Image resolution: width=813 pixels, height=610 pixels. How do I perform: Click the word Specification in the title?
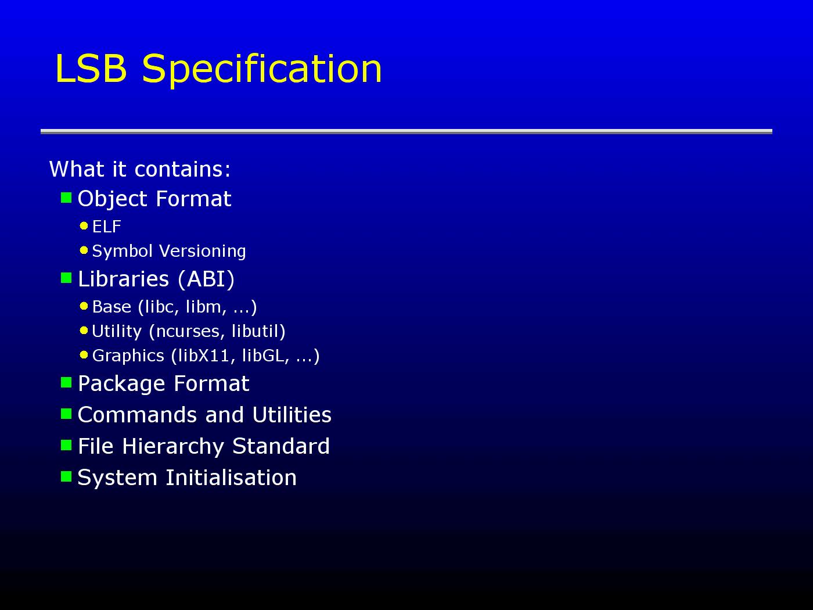pyautogui.click(x=262, y=69)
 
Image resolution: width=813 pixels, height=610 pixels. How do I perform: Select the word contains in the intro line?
pyautogui.click(x=182, y=169)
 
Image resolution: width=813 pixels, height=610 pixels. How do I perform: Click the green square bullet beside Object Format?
pyautogui.click(x=66, y=198)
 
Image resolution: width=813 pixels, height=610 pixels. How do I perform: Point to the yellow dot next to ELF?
pyautogui.click(x=84, y=225)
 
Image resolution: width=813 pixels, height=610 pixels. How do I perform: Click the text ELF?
pyautogui.click(x=107, y=227)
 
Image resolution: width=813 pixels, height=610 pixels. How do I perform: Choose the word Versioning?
pyautogui.click(x=203, y=251)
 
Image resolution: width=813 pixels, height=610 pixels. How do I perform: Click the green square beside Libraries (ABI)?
pyautogui.click(x=66, y=278)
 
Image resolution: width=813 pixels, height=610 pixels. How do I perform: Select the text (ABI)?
pyautogui.click(x=206, y=279)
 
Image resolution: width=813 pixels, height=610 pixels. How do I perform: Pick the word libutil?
pyautogui.click(x=256, y=331)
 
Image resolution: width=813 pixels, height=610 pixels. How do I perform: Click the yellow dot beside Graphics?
pyautogui.click(x=84, y=355)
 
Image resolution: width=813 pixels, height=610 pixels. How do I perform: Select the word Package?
pyautogui.click(x=121, y=384)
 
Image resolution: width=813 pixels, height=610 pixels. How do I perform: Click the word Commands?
pyautogui.click(x=137, y=415)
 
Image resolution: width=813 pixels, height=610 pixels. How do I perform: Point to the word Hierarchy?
pyautogui.click(x=173, y=447)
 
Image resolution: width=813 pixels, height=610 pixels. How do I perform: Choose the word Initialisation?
pyautogui.click(x=231, y=478)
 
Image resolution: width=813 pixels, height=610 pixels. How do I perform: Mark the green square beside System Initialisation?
pyautogui.click(x=66, y=476)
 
